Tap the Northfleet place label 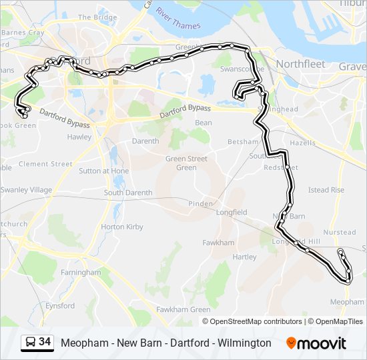pyautogui.click(x=300, y=65)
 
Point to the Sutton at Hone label pyautogui.click(x=104, y=171)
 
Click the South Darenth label pyautogui.click(x=128, y=193)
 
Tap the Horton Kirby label pyautogui.click(x=121, y=227)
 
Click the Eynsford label pyautogui.click(x=60, y=305)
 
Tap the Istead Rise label pyautogui.click(x=326, y=190)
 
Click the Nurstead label pyautogui.click(x=340, y=233)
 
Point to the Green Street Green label pyautogui.click(x=186, y=163)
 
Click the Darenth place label pyautogui.click(x=145, y=141)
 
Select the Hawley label pyautogui.click(x=79, y=137)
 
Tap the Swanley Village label pyautogui.click(x=27, y=190)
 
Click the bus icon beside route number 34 pyautogui.click(x=30, y=343)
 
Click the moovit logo pyautogui.click(x=316, y=343)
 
